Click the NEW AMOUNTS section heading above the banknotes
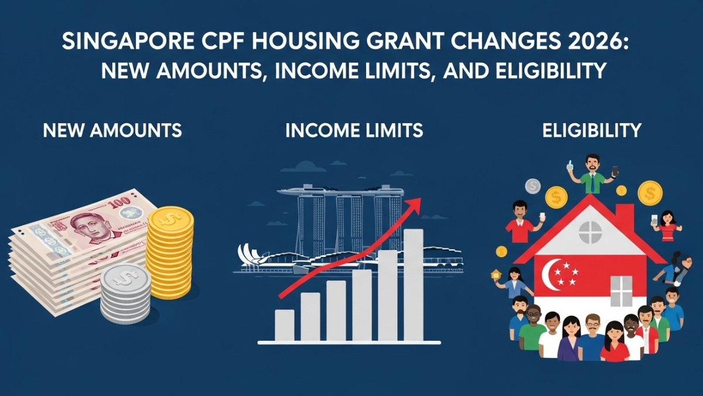112,130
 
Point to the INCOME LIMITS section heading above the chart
354,130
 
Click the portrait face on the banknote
88,225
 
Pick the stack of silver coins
125,293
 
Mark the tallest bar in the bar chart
413,285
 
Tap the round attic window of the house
590,233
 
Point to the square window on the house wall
622,291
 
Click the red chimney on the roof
624,218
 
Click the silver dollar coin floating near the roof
533,187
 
